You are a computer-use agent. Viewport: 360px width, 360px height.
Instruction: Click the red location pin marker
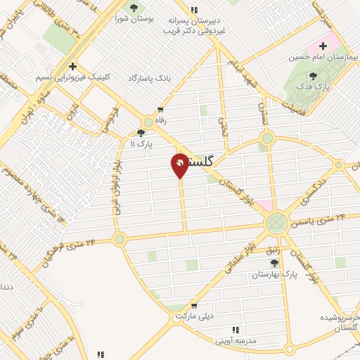pyautogui.click(x=180, y=165)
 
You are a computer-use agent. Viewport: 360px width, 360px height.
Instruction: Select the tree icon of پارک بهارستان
pyautogui.click(x=274, y=263)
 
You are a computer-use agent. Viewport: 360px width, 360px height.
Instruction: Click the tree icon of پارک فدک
pyautogui.click(x=313, y=76)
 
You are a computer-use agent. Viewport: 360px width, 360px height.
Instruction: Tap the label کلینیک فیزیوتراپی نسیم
pyautogui.click(x=73, y=77)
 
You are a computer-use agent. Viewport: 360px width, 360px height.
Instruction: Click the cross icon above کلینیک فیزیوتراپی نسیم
pyautogui.click(x=72, y=65)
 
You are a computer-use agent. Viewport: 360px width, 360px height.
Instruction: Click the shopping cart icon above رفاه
pyautogui.click(x=161, y=109)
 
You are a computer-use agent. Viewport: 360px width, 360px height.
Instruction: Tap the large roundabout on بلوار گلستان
pyautogui.click(x=276, y=224)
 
